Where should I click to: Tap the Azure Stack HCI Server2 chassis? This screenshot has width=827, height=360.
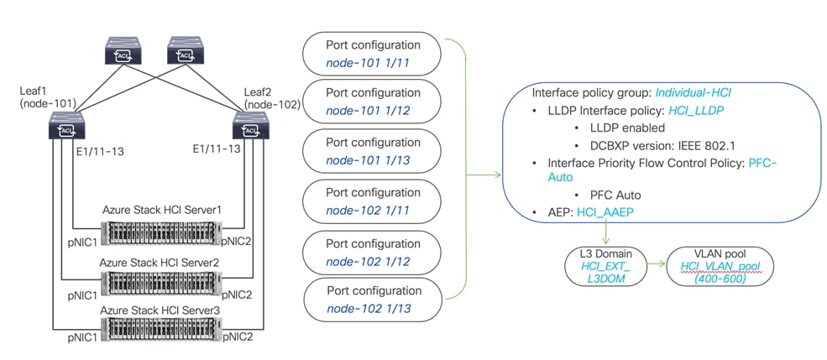pos(157,280)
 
